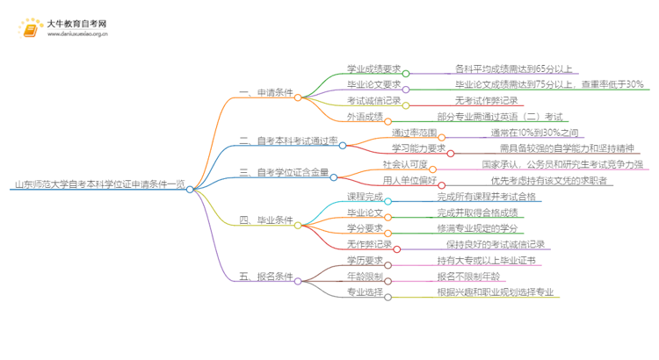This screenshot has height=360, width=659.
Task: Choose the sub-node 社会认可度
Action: click(405, 163)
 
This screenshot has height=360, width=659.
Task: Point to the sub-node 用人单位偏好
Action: click(405, 180)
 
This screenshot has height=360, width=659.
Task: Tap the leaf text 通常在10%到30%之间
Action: click(534, 132)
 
